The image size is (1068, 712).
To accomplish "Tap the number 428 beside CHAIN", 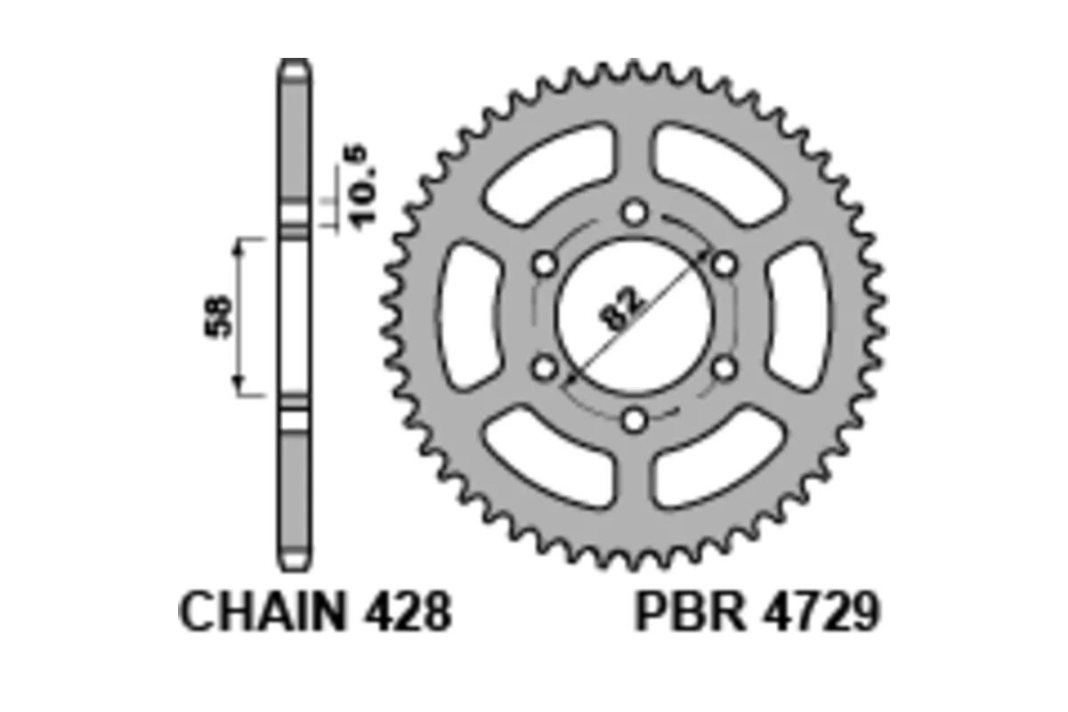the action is coord(409,611).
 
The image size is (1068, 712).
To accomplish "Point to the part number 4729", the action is coord(821,611).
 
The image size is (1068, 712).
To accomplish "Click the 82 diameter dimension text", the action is coord(622,309).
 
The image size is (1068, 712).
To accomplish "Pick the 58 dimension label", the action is coord(218,317).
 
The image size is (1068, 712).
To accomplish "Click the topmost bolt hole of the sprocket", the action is coord(635,213).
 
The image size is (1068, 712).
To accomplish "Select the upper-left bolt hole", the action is coord(545,264).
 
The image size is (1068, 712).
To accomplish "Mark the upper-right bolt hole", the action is coord(724,264).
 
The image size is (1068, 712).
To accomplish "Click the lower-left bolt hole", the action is coord(545,368).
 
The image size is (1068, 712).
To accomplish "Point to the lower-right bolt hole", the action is coord(724,368).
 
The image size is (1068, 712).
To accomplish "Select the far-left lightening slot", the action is coord(470,317).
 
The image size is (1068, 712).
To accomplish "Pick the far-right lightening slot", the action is coord(799,317).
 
